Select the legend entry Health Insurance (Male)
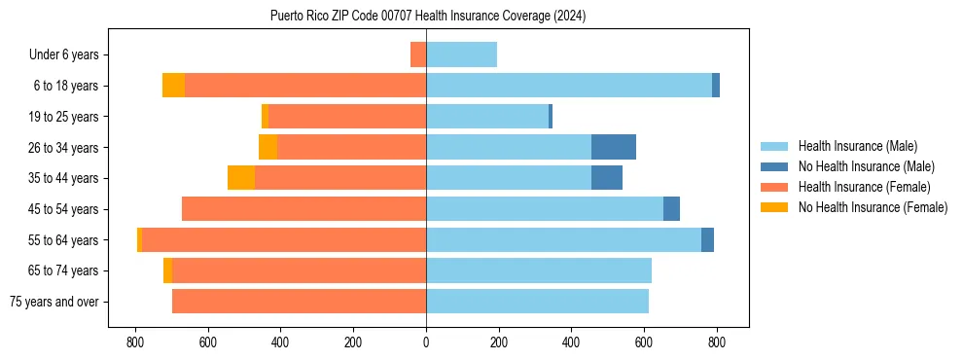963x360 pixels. pyautogui.click(x=857, y=146)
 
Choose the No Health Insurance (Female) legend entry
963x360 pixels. pyautogui.click(x=873, y=207)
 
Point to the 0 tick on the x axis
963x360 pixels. pyautogui.click(x=426, y=342)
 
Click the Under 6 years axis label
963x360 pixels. pyautogui.click(x=70, y=55)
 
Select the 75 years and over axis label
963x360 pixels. pyautogui.click(x=54, y=302)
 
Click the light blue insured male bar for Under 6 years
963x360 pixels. pyautogui.click(x=462, y=55)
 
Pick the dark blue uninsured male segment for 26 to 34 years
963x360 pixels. pyautogui.click(x=614, y=147)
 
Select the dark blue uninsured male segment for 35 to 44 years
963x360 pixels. pyautogui.click(x=607, y=178)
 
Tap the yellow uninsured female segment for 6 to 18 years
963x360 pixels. pyautogui.click(x=173, y=86)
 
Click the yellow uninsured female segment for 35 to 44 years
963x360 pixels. pyautogui.click(x=241, y=178)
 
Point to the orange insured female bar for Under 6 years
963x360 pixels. pyautogui.click(x=418, y=55)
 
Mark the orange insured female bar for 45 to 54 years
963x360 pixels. pyautogui.click(x=303, y=209)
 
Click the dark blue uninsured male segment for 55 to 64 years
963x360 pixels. pyautogui.click(x=707, y=239)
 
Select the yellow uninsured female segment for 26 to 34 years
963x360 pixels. pyautogui.click(x=267, y=147)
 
